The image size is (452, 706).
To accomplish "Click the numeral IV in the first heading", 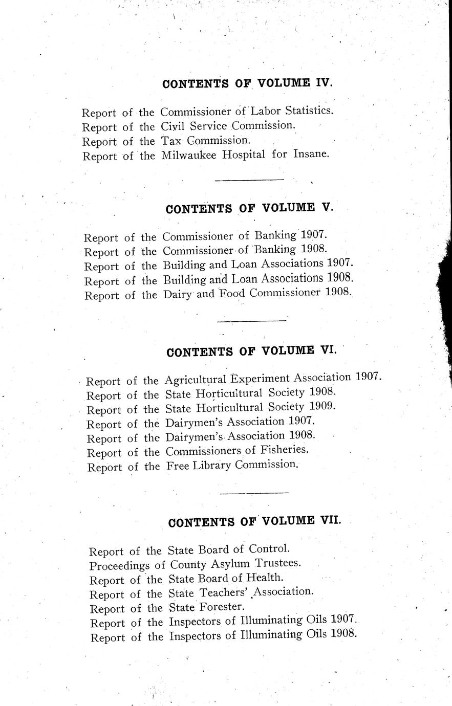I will pos(324,83).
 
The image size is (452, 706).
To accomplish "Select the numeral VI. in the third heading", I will pos(328,351).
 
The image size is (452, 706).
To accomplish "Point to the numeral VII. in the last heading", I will pos(330,521).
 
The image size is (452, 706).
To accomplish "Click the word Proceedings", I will pos(120,566).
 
